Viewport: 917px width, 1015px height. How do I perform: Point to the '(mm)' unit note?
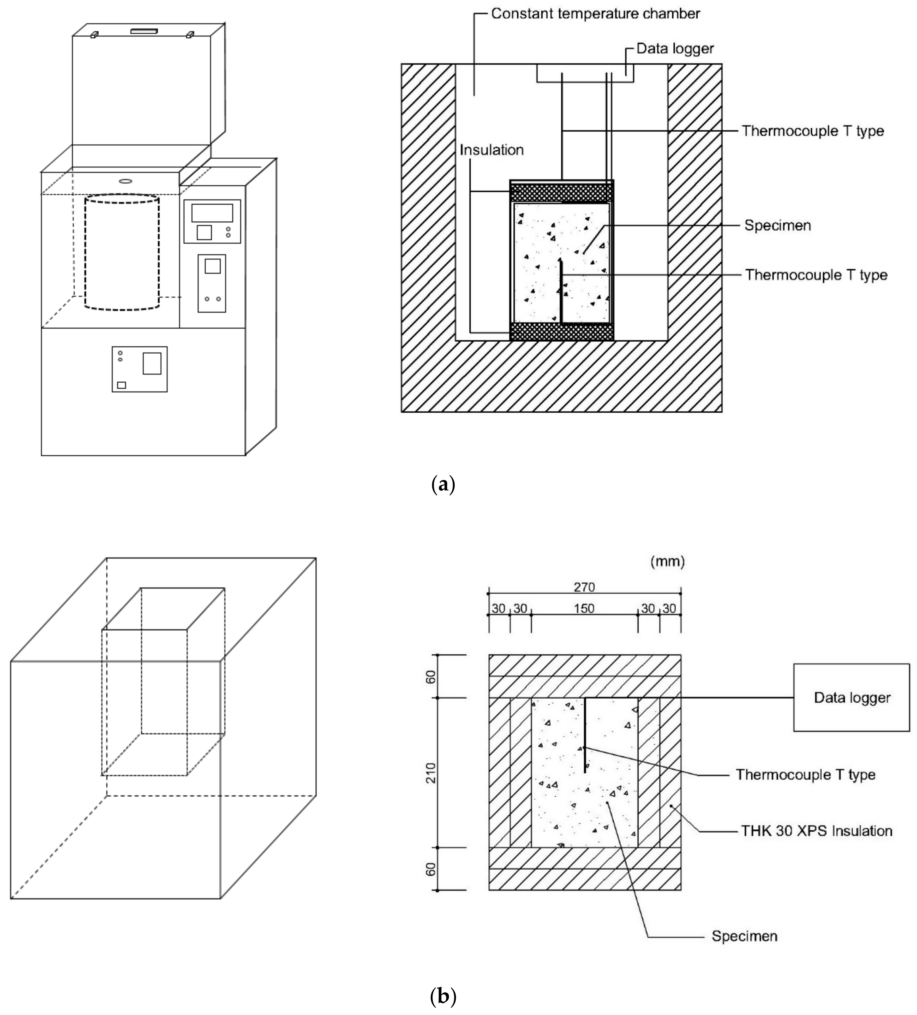(x=667, y=561)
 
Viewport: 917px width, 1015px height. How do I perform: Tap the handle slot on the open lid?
(x=144, y=31)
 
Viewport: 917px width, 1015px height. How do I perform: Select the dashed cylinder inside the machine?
(x=122, y=252)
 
